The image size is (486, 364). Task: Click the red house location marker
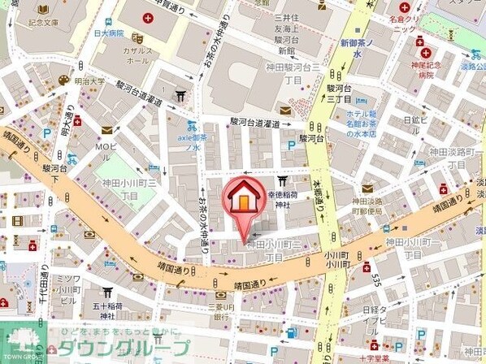point(241,199)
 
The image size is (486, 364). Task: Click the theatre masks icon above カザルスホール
point(140,37)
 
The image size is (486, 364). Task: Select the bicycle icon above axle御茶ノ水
point(191,126)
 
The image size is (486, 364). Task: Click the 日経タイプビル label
point(375,319)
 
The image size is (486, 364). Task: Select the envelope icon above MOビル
point(106,130)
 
